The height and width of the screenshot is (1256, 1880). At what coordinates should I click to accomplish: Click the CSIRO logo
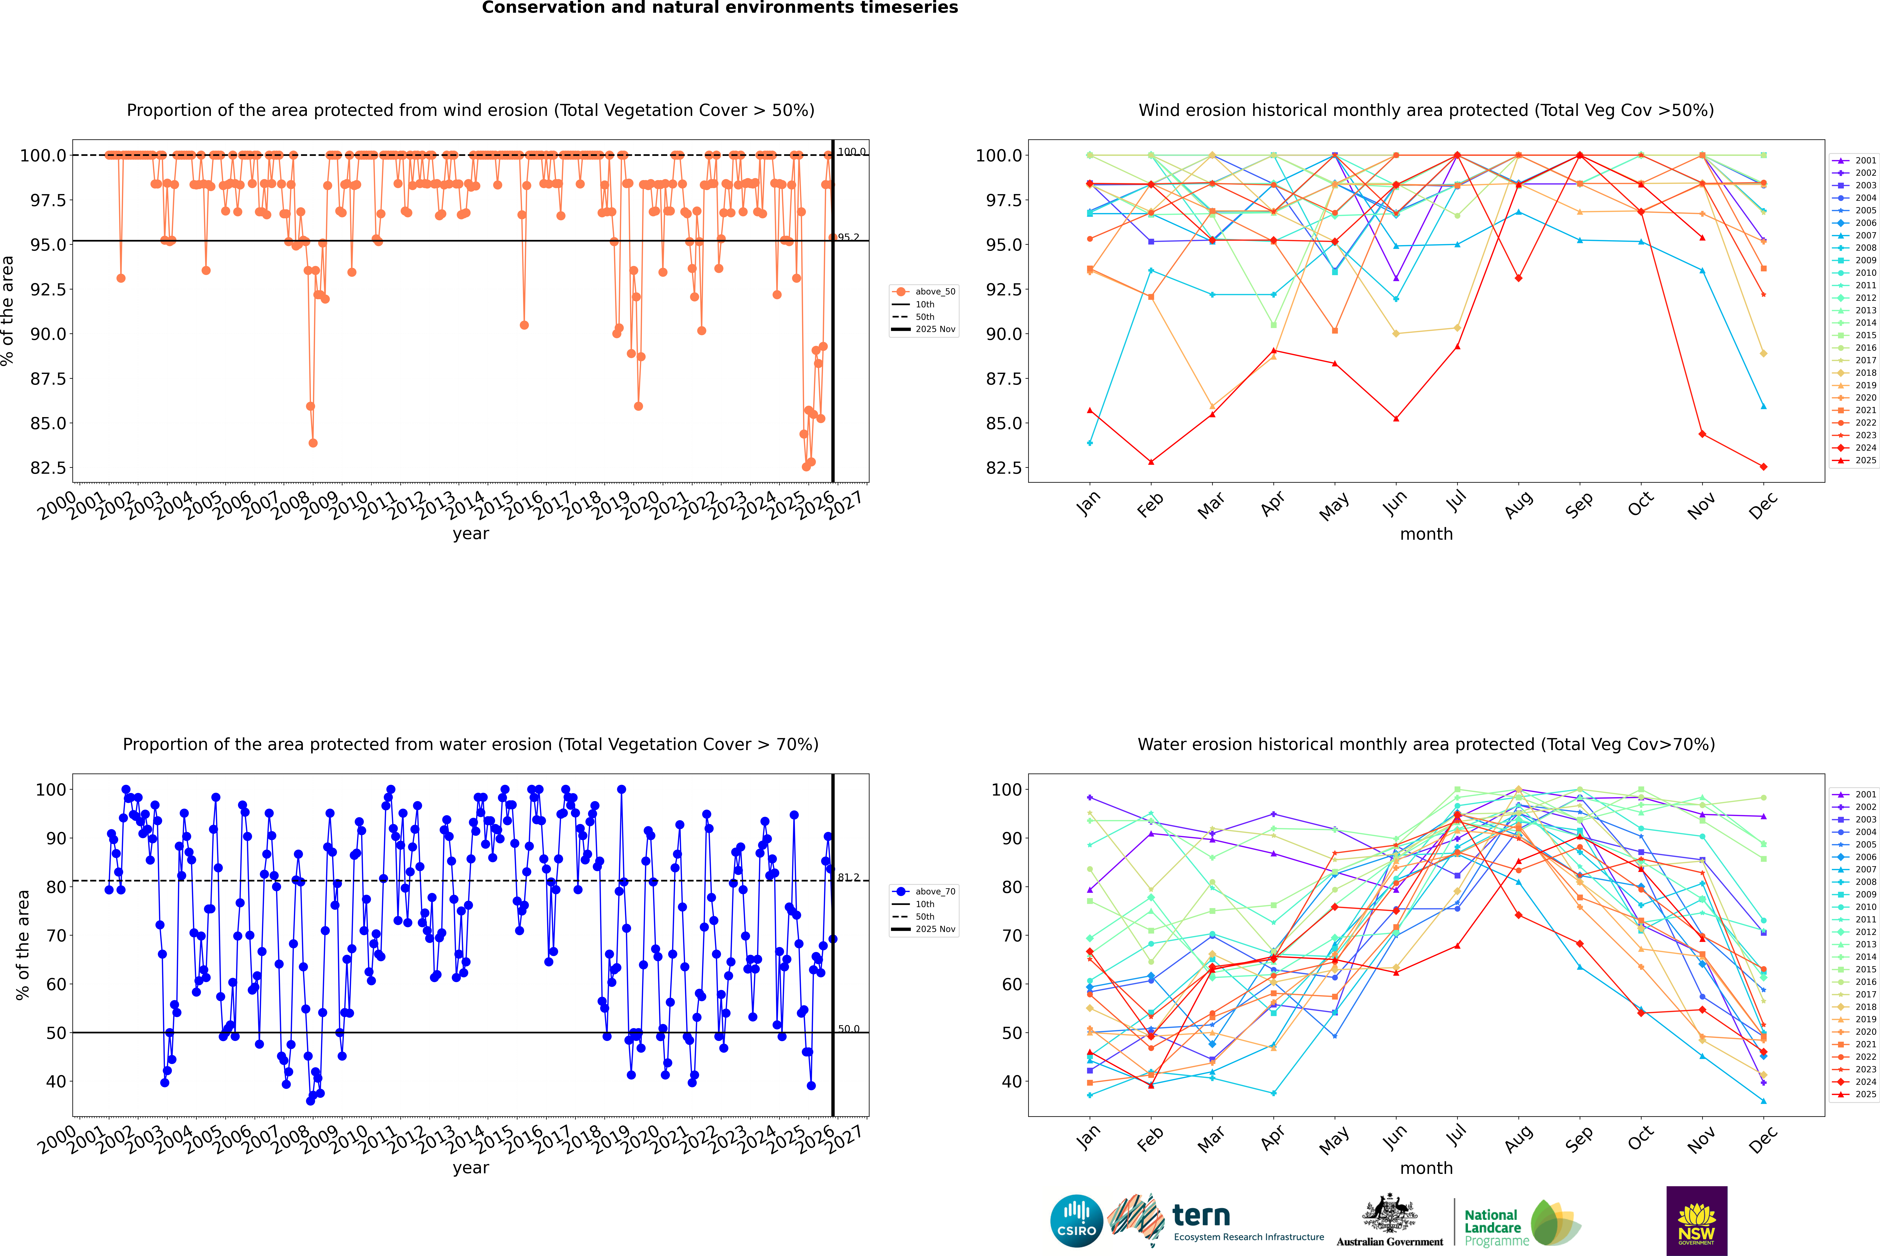point(1076,1221)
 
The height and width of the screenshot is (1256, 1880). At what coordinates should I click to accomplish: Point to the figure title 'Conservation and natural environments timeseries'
point(720,8)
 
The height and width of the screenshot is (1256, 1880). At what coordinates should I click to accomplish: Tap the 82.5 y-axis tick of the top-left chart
point(48,468)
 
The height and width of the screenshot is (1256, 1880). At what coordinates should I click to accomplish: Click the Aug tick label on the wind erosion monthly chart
point(1519,505)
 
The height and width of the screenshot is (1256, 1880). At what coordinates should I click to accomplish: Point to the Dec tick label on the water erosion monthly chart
point(1763,1138)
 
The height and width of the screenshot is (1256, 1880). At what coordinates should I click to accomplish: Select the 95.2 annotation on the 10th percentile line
point(849,237)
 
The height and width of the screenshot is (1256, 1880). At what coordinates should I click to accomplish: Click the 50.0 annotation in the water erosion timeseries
point(849,1029)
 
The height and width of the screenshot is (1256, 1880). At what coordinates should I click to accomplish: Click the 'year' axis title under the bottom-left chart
point(470,1168)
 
